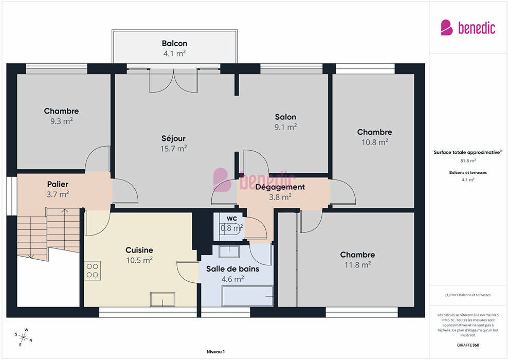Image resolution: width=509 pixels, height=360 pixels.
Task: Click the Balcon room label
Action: (x=174, y=43)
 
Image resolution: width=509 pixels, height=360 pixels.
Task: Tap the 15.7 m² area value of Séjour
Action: (x=173, y=148)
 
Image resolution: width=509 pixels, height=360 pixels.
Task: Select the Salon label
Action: (x=285, y=117)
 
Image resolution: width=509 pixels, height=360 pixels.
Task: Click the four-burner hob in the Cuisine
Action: (x=92, y=271)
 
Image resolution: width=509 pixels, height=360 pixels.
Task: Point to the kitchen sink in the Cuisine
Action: (x=162, y=299)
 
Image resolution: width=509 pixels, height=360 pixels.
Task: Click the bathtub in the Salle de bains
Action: (x=247, y=296)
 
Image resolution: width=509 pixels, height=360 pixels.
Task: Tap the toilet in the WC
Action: (x=231, y=228)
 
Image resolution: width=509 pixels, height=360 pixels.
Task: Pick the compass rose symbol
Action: (x=23, y=337)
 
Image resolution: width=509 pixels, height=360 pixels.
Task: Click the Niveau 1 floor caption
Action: (x=215, y=352)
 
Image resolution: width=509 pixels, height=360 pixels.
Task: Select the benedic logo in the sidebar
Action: (x=468, y=28)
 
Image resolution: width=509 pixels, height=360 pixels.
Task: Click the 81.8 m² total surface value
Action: (x=468, y=160)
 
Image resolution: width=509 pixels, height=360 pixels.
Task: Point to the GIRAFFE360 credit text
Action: (x=468, y=345)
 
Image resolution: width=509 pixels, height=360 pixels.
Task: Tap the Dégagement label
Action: (x=280, y=187)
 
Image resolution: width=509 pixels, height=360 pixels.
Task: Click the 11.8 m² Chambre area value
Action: (x=357, y=265)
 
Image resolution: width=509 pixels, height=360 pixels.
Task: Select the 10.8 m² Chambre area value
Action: (x=375, y=142)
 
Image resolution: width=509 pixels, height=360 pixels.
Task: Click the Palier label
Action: (x=58, y=184)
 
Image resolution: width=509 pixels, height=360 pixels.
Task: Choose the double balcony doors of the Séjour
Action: (x=174, y=81)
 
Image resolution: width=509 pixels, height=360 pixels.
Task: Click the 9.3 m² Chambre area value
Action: (x=61, y=121)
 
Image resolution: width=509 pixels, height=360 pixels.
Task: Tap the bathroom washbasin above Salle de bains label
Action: (x=229, y=252)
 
